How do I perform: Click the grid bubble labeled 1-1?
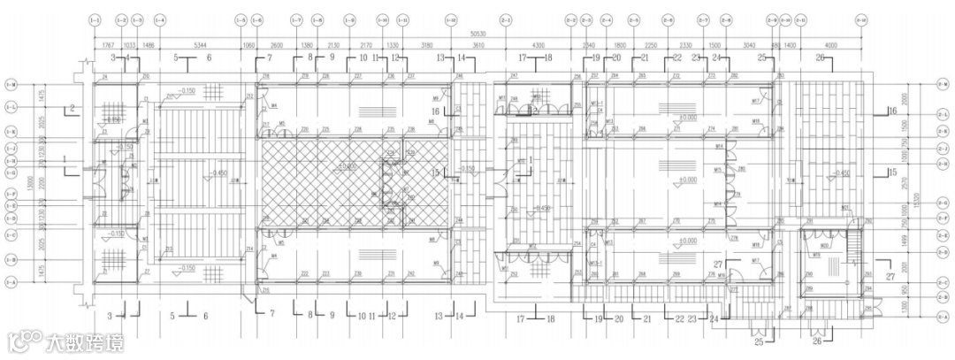pyautogui.click(x=95, y=19)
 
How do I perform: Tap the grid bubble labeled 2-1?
pyautogui.click(x=507, y=19)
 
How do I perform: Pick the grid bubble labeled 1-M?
pyautogui.click(x=11, y=84)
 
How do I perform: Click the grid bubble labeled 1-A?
pyautogui.click(x=11, y=282)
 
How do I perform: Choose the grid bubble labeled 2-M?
pyautogui.click(x=943, y=84)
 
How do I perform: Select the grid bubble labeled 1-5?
pyautogui.click(x=241, y=19)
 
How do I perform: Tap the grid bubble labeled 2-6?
pyautogui.click(x=668, y=19)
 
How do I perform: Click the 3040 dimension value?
pyautogui.click(x=748, y=42)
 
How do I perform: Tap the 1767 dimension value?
pyautogui.click(x=108, y=42)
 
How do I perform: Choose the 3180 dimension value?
pyautogui.click(x=427, y=42)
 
